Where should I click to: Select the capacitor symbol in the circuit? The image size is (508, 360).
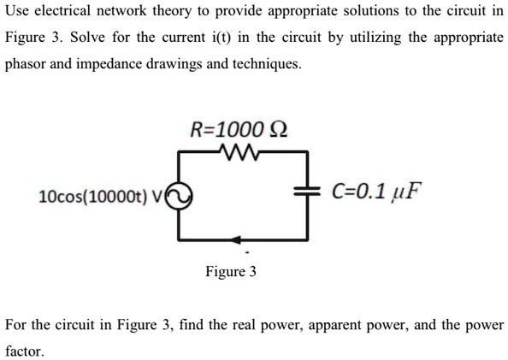(307, 192)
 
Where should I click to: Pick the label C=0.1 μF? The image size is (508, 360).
(377, 190)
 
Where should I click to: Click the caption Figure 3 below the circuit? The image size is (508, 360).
(230, 272)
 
